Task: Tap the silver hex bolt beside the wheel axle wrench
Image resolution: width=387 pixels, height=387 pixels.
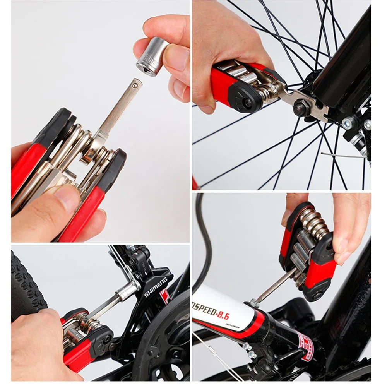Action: click(347, 123)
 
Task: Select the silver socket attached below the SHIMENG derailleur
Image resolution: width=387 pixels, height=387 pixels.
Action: click(127, 291)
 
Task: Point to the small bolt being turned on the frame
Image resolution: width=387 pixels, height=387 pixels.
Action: click(253, 303)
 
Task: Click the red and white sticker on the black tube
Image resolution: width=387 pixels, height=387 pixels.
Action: click(306, 346)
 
